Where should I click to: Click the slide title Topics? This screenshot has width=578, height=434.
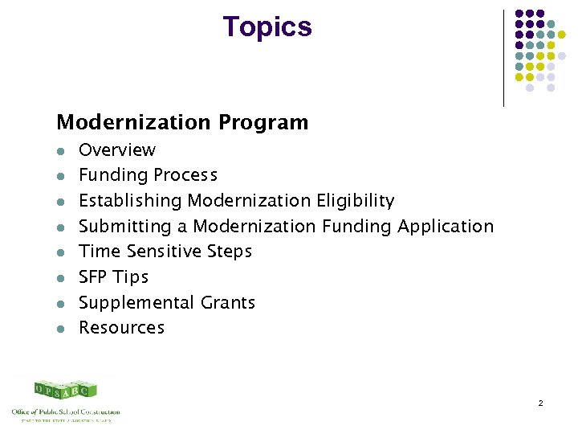[267, 27]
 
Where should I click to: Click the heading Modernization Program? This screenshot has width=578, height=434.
[182, 123]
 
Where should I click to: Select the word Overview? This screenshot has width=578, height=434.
[117, 150]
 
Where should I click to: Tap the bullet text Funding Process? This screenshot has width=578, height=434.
[148, 175]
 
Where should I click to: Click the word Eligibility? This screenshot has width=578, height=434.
[354, 201]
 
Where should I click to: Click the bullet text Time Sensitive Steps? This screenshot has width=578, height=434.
[165, 252]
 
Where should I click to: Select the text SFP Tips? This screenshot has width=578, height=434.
[113, 277]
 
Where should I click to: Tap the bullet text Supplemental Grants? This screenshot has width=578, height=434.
[167, 303]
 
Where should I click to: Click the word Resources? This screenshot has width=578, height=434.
[121, 328]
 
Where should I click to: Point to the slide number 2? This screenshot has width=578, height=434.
[541, 402]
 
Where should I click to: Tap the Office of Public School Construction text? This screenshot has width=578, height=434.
[65, 411]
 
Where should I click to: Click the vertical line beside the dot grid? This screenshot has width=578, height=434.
[503, 58]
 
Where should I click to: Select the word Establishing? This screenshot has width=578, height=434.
[131, 201]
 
